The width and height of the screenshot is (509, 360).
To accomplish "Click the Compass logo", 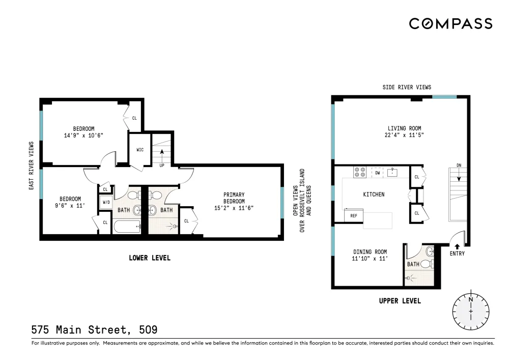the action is (450, 24).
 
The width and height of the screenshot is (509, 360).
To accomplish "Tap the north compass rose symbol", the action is (471, 311).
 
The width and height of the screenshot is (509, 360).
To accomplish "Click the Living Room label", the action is (404, 128).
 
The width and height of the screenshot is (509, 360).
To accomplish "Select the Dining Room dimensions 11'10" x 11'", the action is (370, 259).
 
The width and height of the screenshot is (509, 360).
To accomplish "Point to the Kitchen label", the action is (374, 194).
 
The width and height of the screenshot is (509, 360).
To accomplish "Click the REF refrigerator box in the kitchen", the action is (354, 215).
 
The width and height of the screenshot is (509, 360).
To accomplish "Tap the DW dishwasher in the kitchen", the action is (378, 173).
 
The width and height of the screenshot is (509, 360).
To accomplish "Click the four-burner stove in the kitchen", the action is (360, 172).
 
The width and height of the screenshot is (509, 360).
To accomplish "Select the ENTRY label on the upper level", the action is (457, 254).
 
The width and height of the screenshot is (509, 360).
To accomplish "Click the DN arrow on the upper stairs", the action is (459, 176).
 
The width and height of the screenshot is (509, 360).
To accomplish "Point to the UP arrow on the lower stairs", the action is (162, 155).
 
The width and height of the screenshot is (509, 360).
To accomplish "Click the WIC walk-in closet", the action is (140, 150).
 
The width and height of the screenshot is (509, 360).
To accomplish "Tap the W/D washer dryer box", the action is (106, 202).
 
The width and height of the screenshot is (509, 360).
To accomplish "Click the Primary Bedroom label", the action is (234, 198).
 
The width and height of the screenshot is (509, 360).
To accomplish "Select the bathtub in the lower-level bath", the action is (127, 226).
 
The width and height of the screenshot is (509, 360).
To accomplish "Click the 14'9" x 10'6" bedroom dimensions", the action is (83, 135).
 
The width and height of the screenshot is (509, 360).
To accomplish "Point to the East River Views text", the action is (31, 165).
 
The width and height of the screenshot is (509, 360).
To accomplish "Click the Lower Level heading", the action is (150, 258).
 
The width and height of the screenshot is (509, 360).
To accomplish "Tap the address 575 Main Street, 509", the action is (95, 330).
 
